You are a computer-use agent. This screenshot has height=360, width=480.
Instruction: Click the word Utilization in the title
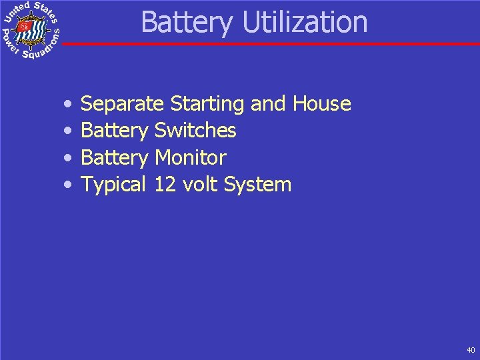[x=305, y=22]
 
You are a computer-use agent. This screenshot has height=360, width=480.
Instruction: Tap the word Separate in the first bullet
[x=122, y=104]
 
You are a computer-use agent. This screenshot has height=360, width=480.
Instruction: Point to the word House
[x=321, y=104]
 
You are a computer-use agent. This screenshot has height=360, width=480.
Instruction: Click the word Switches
[x=195, y=131]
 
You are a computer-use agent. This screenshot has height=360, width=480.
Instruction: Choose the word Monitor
[x=190, y=158]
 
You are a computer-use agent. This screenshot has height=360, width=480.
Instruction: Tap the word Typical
[x=113, y=185]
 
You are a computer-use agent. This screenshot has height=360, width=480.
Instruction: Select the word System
[x=258, y=185]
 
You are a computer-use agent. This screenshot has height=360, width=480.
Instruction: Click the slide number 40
[x=471, y=350]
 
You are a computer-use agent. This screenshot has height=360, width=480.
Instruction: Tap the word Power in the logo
[x=10, y=41]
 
